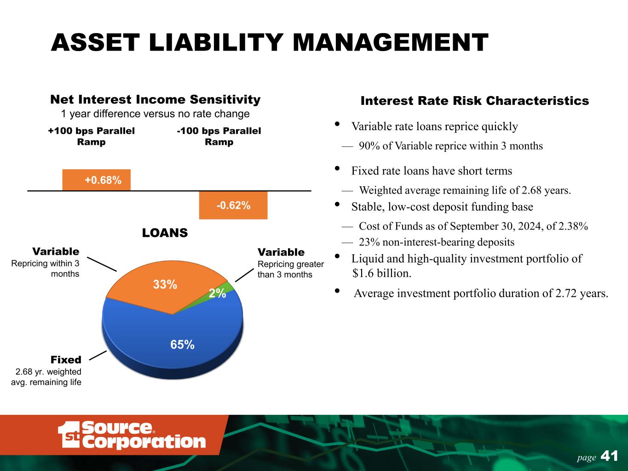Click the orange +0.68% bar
pos(97,180)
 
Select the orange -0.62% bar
pos(233,205)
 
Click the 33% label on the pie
pos(165,285)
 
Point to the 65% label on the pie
pos(182,345)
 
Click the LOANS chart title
pos(165,233)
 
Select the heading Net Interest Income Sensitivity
pos(156,99)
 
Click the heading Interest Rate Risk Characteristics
pos(475,101)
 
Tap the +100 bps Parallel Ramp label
pos(91,136)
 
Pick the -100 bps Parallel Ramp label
pos(219,136)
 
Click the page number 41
pos(610,456)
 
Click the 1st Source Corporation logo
pos(132,435)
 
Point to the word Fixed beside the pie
pos(66,360)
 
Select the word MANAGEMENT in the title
pos(391,42)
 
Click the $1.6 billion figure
pos(382,273)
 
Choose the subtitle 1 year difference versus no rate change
pos(156,114)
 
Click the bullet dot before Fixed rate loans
pos(337,168)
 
